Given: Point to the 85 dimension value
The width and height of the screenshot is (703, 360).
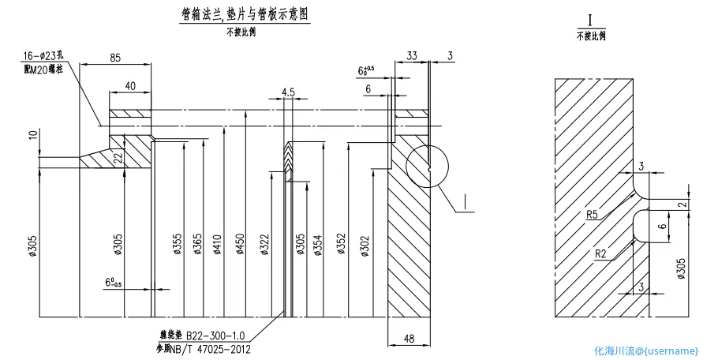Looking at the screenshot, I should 114,58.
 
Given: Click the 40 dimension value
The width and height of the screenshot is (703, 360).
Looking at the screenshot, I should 129,85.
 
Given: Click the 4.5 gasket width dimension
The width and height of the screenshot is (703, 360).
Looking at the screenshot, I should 287,92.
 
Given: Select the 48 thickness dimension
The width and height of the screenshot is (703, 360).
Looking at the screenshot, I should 408,339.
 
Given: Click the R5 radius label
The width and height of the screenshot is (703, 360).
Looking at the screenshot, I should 591,214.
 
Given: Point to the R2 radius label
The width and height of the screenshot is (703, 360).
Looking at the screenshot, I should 601,253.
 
